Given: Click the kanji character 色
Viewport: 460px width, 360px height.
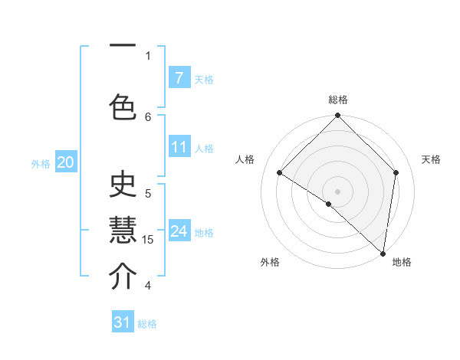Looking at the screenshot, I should [123, 103].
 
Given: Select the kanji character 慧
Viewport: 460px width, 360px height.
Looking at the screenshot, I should [123, 231].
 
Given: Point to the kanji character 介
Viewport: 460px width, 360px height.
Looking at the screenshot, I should [123, 277].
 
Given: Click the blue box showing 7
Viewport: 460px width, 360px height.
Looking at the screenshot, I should [179, 77].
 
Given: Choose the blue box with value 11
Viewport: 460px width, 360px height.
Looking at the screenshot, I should [179, 146].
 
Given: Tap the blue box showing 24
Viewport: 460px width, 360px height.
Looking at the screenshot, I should [179, 231].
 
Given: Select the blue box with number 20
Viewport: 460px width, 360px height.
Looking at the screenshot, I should [66, 162].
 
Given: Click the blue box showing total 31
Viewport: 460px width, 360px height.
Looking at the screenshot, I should [123, 322].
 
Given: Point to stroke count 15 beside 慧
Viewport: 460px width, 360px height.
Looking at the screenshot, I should [148, 240].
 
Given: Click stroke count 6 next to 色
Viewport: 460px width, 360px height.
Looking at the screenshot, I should [148, 116].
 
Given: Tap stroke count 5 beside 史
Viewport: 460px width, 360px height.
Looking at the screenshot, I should [148, 193].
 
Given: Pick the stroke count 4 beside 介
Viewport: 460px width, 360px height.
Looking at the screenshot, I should [148, 286].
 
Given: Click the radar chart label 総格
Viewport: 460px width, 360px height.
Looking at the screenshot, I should [338, 100].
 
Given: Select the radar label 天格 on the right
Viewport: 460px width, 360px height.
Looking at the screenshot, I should [432, 159].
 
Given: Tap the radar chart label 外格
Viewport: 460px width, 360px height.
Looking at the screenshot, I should [270, 262].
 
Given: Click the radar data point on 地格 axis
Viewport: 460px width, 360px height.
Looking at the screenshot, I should [383, 254].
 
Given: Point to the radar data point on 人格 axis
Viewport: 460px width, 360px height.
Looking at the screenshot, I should [280, 172].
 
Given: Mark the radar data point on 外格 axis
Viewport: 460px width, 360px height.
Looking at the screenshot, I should [329, 204].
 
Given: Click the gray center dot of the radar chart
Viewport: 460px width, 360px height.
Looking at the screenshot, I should [338, 191].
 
